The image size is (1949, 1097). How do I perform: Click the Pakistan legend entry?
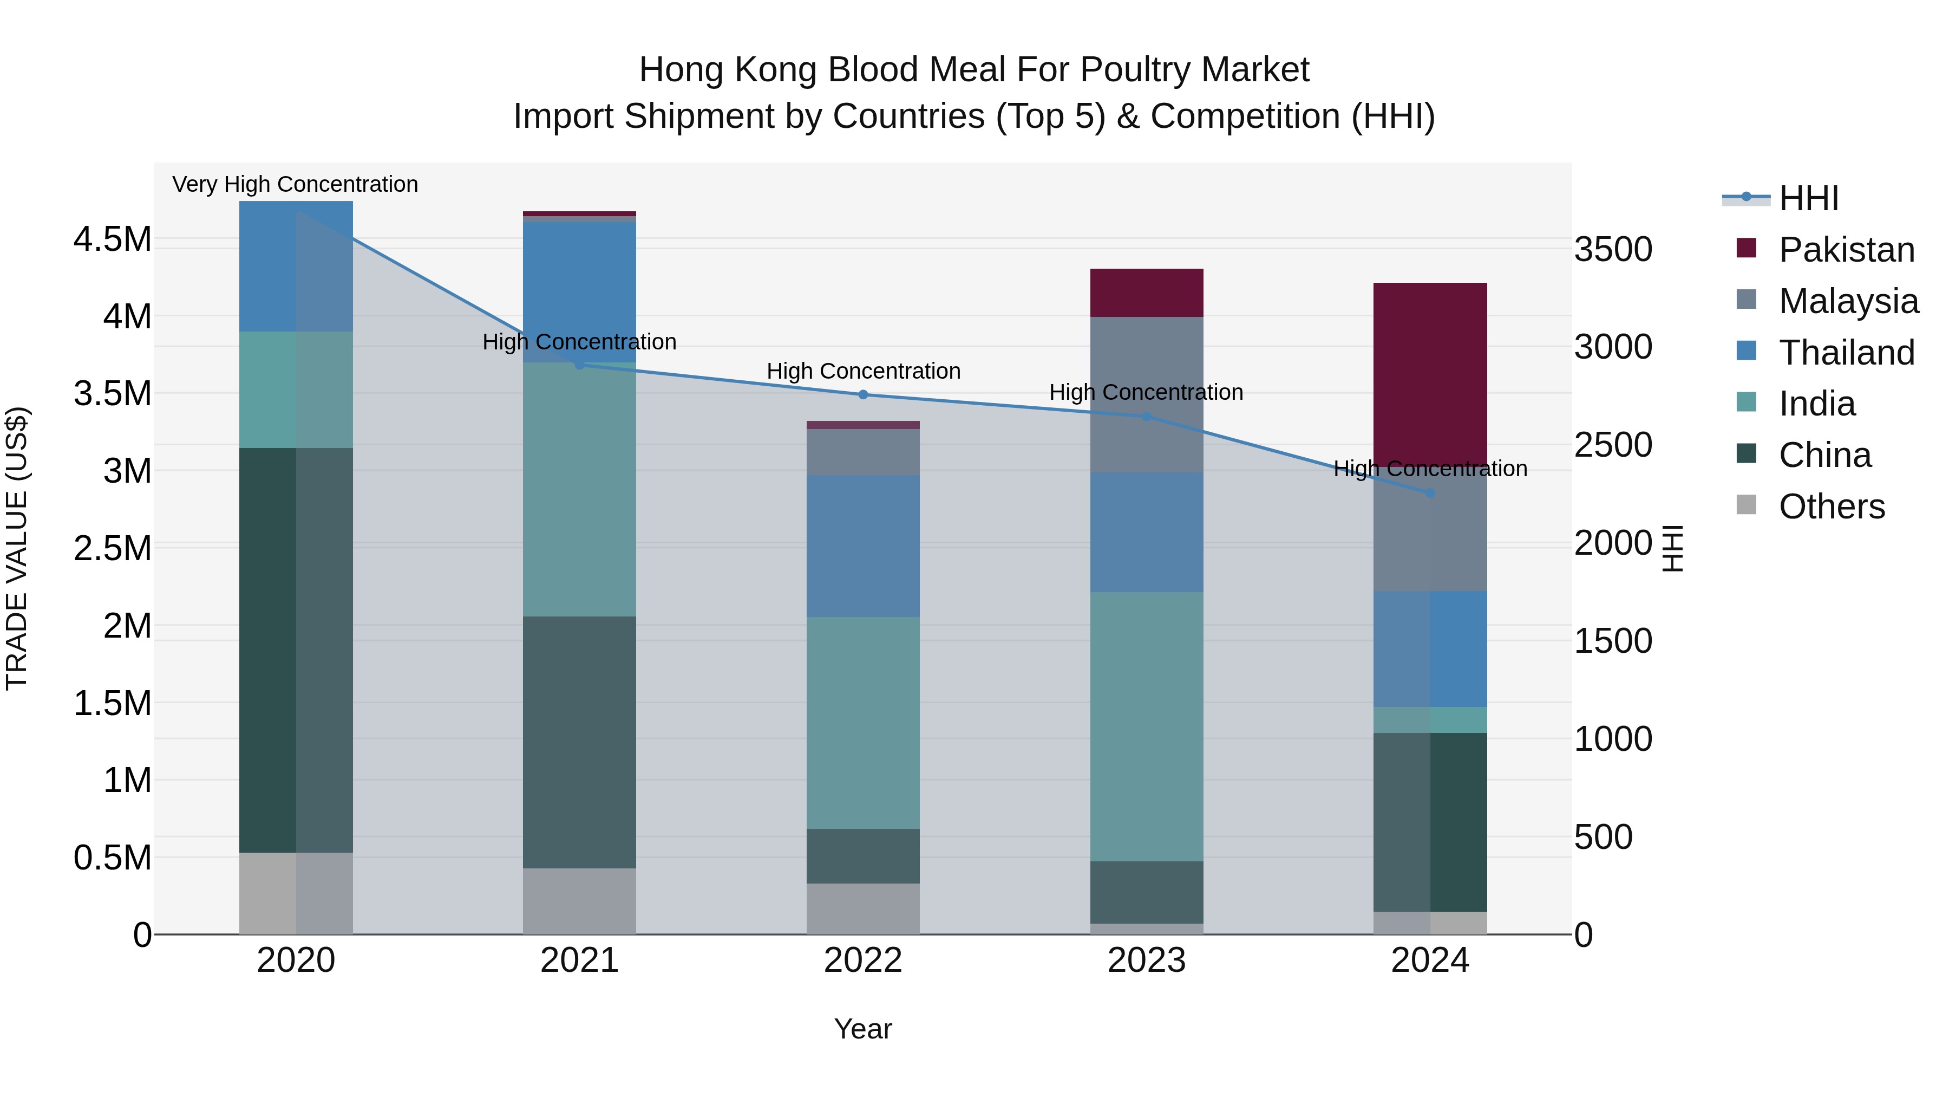(1846, 250)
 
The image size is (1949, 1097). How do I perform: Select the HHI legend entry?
(1808, 198)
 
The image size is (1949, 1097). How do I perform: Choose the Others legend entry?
(1831, 507)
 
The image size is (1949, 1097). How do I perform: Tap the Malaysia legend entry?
(1848, 301)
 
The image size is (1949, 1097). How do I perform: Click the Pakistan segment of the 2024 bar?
(1430, 371)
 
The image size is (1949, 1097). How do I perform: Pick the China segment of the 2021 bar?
(579, 742)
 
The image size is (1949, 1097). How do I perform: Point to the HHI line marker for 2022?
(864, 394)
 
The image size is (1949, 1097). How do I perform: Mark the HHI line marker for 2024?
(1430, 493)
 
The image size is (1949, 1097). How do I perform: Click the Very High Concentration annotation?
(295, 184)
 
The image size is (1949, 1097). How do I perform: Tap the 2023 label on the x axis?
(1146, 960)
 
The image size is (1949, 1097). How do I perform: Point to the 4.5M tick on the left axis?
(113, 239)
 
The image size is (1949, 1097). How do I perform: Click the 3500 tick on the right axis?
(1613, 250)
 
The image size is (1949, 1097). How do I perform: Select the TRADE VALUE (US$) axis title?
(17, 548)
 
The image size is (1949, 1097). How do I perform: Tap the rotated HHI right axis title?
(1672, 548)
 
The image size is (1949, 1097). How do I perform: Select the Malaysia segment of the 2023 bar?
(1146, 394)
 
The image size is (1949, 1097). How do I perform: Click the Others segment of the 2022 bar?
(864, 908)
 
